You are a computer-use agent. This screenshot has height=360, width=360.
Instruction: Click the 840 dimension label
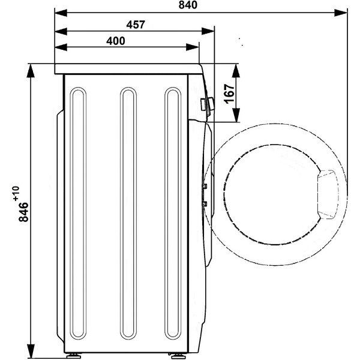(188, 5)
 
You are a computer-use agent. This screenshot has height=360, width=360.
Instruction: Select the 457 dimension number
(136, 25)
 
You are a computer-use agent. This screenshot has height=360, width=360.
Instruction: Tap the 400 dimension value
(116, 41)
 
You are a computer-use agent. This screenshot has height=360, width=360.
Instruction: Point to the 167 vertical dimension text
(230, 94)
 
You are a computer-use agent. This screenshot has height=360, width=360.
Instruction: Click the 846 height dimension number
(23, 212)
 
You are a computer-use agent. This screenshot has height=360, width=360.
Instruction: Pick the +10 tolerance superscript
(16, 194)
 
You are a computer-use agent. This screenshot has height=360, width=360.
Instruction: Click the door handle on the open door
(328, 194)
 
